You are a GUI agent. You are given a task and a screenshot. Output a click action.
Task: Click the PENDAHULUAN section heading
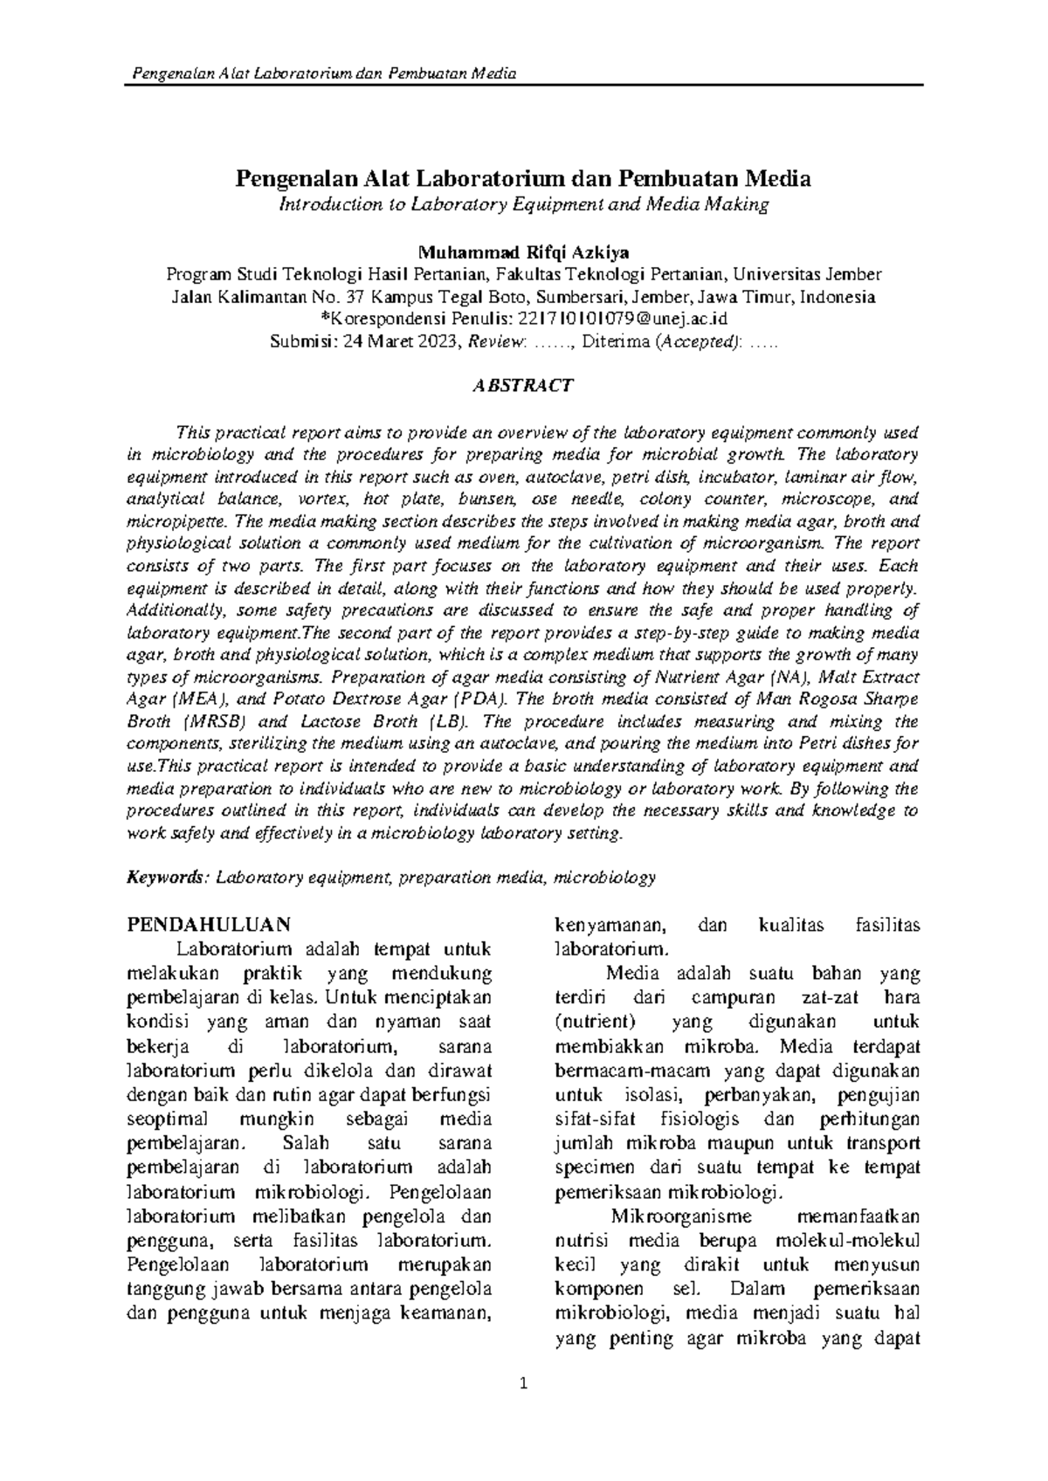pyautogui.click(x=209, y=924)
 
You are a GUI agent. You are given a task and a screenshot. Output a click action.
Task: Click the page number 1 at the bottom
pyautogui.click(x=523, y=1408)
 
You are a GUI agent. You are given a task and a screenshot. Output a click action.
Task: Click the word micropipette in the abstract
pyautogui.click(x=175, y=521)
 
